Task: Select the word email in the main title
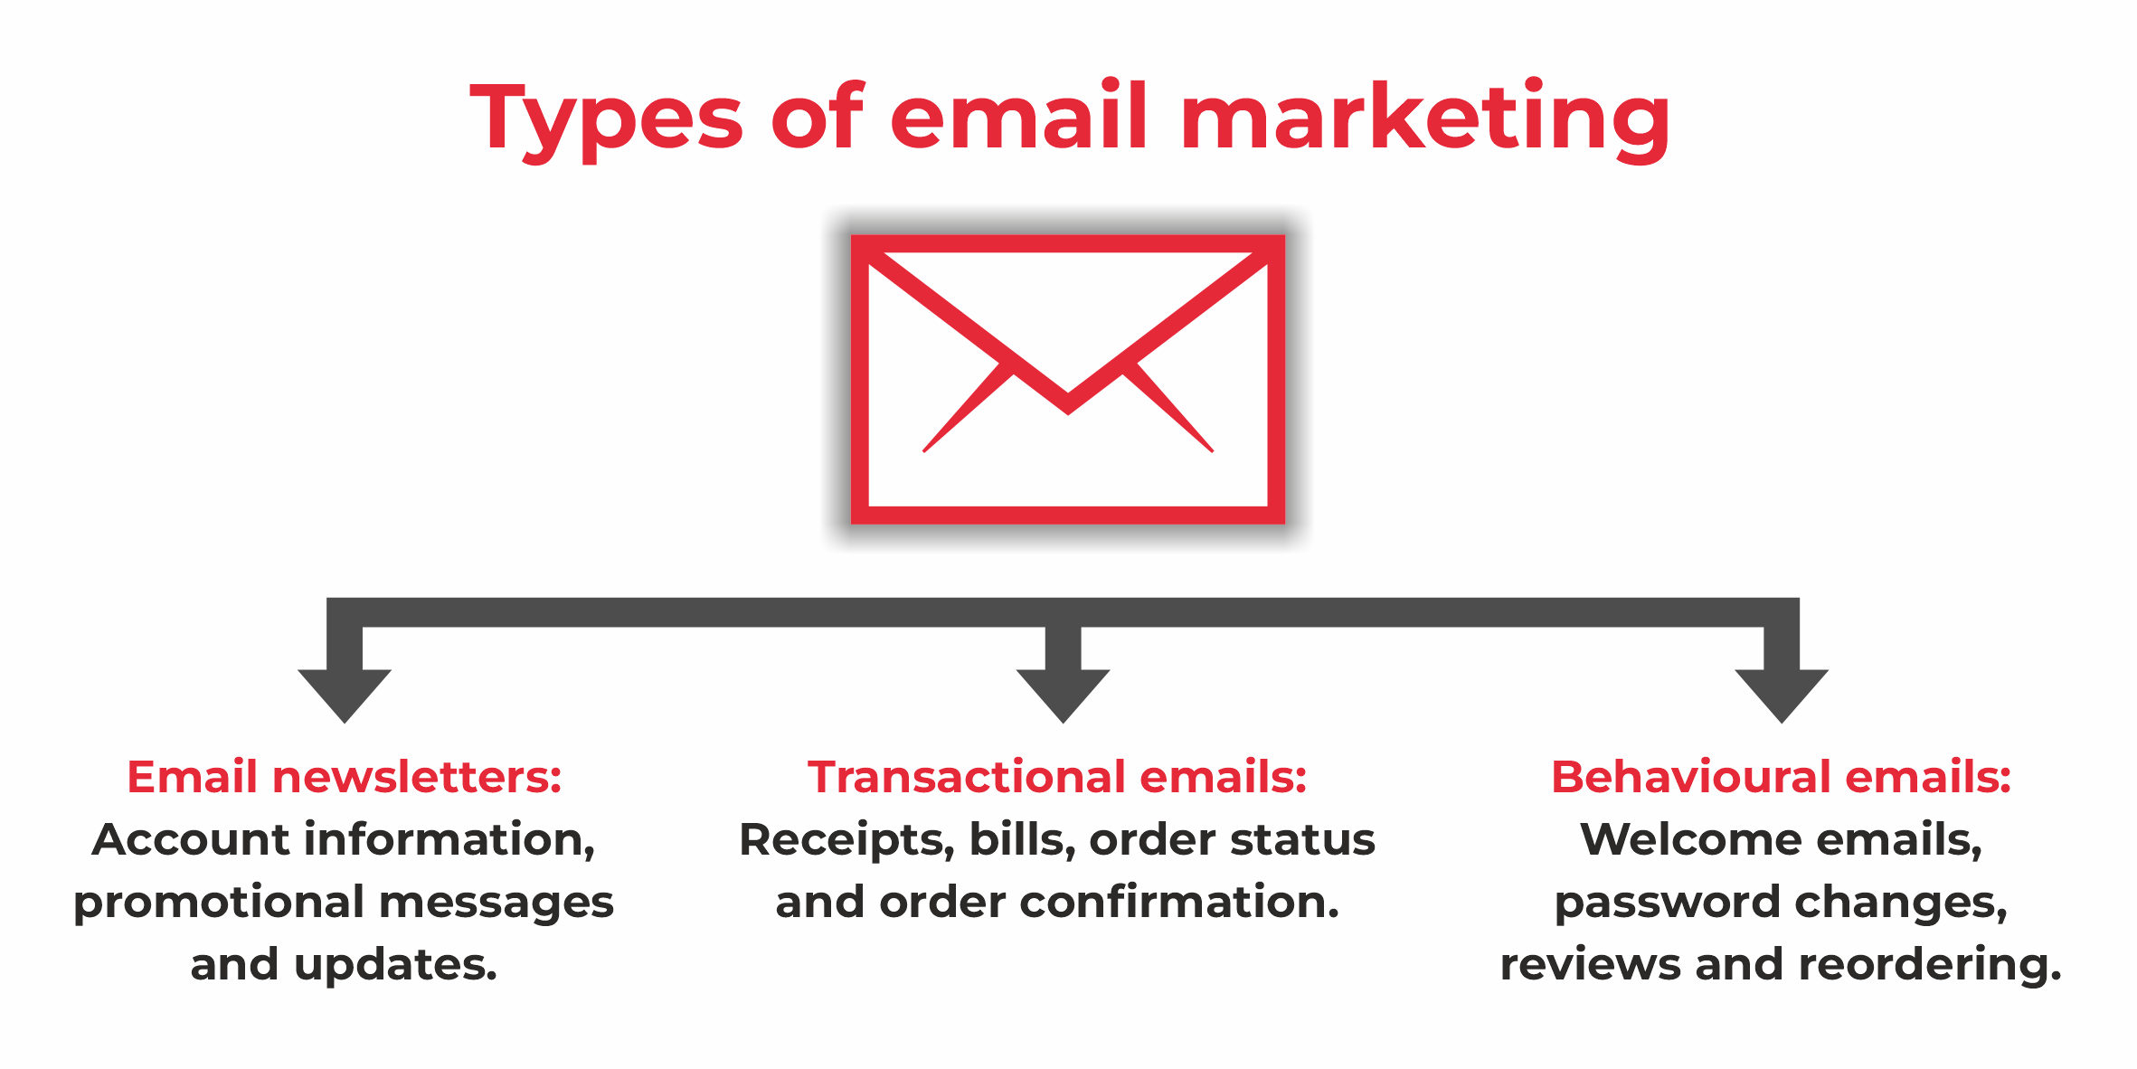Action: (x=1019, y=115)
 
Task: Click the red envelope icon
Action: (x=1067, y=380)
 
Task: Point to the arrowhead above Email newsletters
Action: (x=345, y=695)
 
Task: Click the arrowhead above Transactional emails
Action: (x=1064, y=695)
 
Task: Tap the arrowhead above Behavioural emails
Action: (x=1782, y=695)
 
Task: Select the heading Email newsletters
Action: (x=345, y=777)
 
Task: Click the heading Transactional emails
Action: (x=1057, y=777)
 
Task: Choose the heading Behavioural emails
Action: (x=1782, y=777)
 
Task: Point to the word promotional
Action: (x=220, y=903)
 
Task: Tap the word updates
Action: (x=396, y=966)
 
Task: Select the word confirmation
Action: (x=1179, y=902)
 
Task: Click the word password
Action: (x=1668, y=903)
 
